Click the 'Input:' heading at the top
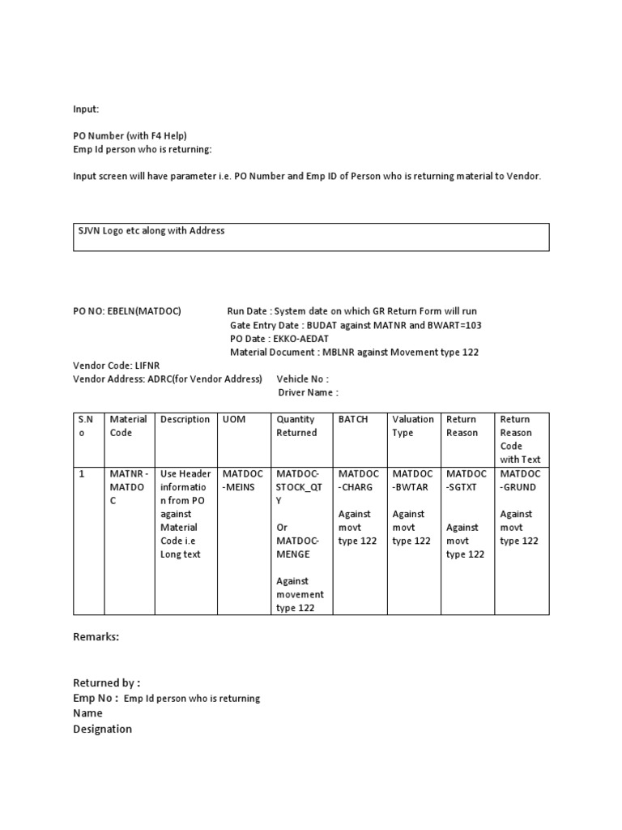[86, 109]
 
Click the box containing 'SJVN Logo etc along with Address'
[311, 237]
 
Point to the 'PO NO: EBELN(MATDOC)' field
[127, 311]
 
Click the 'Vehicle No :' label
[302, 379]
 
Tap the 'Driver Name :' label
[308, 392]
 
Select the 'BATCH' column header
[353, 420]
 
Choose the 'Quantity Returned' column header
[297, 426]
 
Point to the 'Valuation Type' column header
[413, 426]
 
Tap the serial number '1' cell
[82, 473]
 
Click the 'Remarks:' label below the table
[96, 637]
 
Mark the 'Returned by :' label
[107, 683]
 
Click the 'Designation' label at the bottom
[102, 729]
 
